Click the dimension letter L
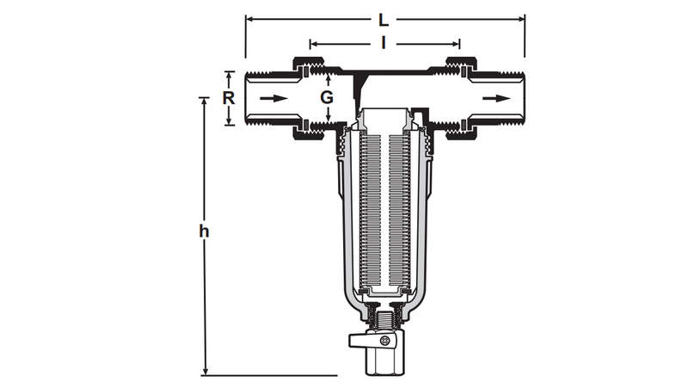coord(384,20)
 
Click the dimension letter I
coord(384,44)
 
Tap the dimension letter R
coord(228,98)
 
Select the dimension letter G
coord(327,97)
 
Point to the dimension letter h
coord(204,231)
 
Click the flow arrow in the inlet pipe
coord(273,98)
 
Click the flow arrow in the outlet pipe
coord(497,98)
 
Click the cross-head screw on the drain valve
coord(384,341)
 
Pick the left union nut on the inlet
coord(309,98)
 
